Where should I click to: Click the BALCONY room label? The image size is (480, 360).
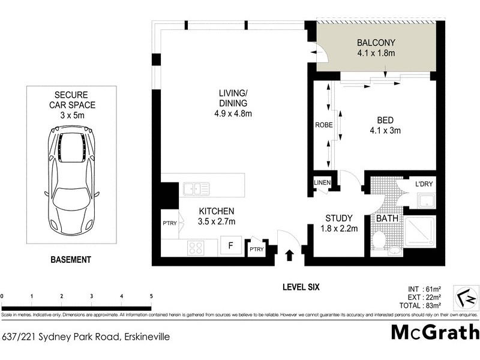tap(376, 43)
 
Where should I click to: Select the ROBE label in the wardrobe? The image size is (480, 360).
tap(324, 126)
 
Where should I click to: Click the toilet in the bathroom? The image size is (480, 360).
tap(379, 240)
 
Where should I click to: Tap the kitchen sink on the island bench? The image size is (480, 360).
tap(196, 189)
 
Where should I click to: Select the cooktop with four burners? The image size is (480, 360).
tap(196, 247)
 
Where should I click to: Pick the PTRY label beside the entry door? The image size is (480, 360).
tap(257, 250)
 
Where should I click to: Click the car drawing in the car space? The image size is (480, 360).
tap(72, 180)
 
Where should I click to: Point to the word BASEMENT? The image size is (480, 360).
tap(71, 260)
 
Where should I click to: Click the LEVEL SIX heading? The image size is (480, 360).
tap(301, 287)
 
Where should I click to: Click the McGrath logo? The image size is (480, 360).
tap(435, 332)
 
